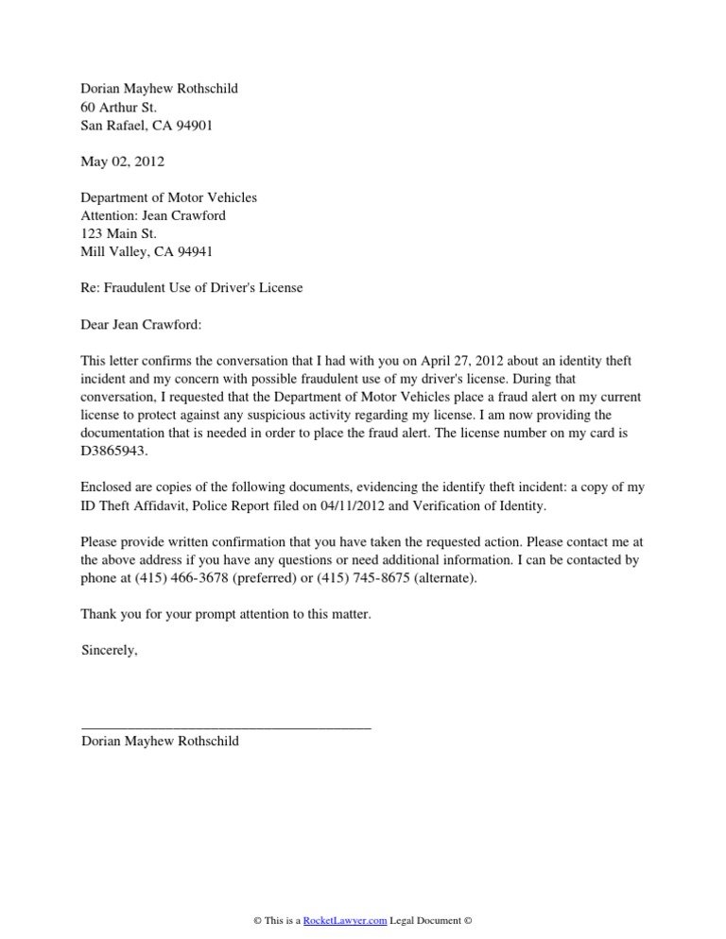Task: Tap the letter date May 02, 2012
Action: pyautogui.click(x=123, y=162)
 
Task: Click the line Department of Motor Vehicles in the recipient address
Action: pyautogui.click(x=169, y=197)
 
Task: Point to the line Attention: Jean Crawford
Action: pyautogui.click(x=154, y=215)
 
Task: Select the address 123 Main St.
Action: pyautogui.click(x=119, y=233)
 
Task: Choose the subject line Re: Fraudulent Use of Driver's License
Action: pyautogui.click(x=192, y=287)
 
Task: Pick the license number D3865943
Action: pyautogui.click(x=115, y=451)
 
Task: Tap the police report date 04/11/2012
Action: pyautogui.click(x=320, y=505)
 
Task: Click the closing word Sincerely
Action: pyautogui.click(x=110, y=650)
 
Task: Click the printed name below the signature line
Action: pyautogui.click(x=161, y=742)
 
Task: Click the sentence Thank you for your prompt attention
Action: pyautogui.click(x=226, y=614)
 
